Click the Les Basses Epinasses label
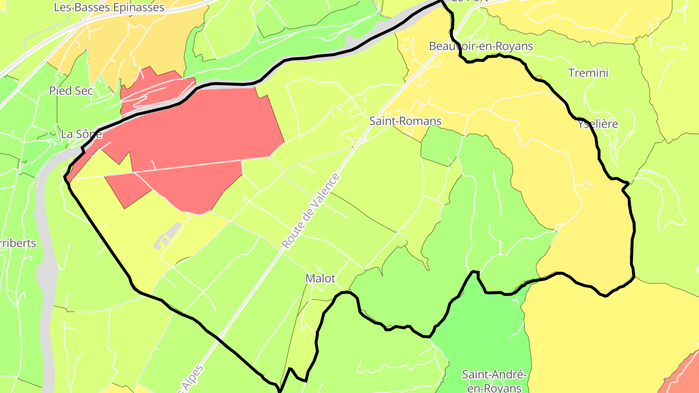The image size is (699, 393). [x=109, y=7]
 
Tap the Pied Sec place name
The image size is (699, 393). [x=71, y=91]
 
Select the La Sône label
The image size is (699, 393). [x=82, y=133]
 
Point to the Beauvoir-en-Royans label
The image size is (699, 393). [x=481, y=46]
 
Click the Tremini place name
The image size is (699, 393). [x=588, y=73]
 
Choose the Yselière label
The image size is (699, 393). [x=598, y=124]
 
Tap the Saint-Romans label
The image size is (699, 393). [x=405, y=121]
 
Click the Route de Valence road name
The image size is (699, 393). [x=311, y=211]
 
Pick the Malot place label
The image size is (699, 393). [x=320, y=278]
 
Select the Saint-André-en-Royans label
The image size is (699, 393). [x=494, y=381]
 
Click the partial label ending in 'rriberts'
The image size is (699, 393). [x=18, y=243]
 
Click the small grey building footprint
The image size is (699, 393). [x=167, y=236]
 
